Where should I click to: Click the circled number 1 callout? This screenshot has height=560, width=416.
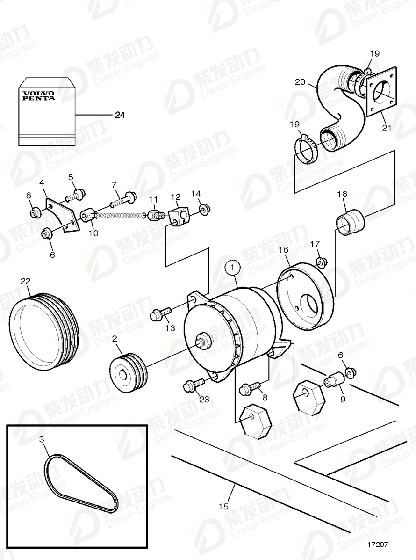[x=232, y=268]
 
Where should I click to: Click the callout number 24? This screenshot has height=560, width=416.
[x=120, y=115]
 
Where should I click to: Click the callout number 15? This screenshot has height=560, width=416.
[x=224, y=507]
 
